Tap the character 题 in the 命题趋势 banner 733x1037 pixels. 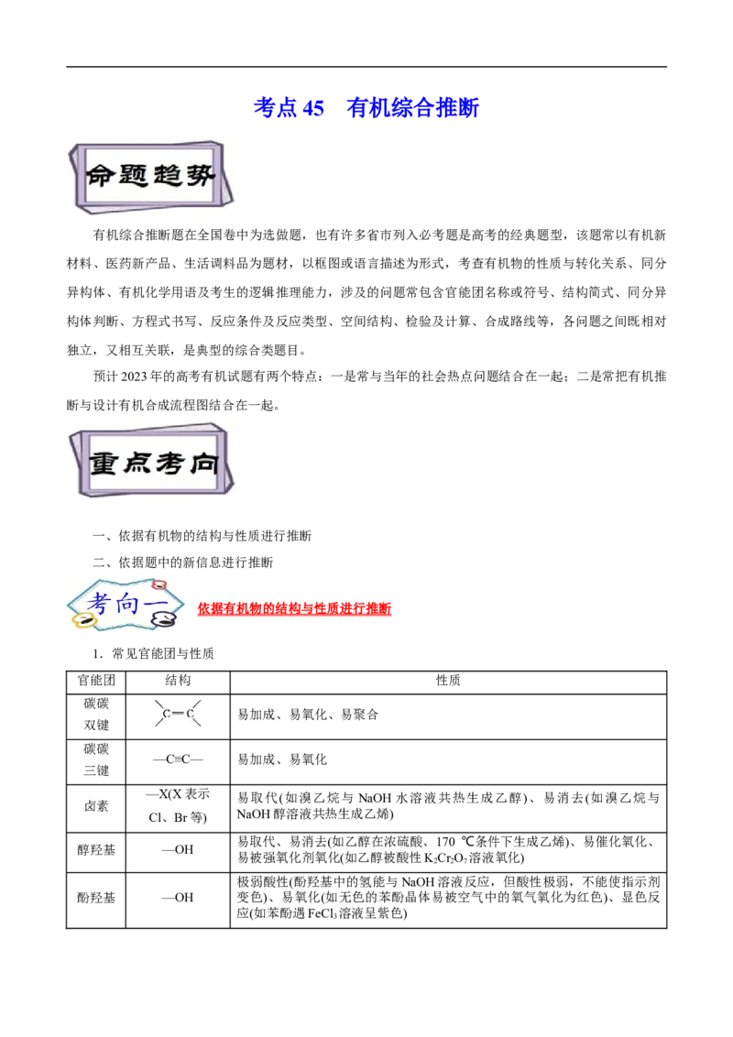pos(134,176)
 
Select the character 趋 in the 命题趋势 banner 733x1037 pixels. pos(167,176)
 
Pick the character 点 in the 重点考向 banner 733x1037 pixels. pos(138,464)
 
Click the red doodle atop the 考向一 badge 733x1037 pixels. pos(159,583)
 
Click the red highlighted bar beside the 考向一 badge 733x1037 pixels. pos(295,610)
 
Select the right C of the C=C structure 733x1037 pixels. pos(191,713)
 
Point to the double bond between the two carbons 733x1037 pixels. pos(179,713)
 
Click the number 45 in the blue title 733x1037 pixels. pos(314,108)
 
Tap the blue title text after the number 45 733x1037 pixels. pos(414,108)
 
